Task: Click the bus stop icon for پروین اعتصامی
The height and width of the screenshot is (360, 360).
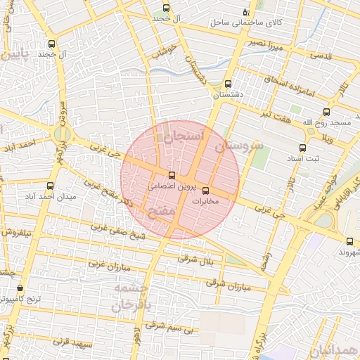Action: pyautogui.click(x=172, y=175)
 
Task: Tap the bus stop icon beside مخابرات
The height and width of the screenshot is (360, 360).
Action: pyautogui.click(x=205, y=191)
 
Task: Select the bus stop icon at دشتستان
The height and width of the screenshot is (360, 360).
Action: pyautogui.click(x=227, y=83)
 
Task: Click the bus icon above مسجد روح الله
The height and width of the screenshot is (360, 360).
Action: pyautogui.click(x=326, y=112)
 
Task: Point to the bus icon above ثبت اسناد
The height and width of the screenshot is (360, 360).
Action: pyautogui.click(x=303, y=148)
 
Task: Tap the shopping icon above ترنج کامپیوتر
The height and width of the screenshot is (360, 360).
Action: pyautogui.click(x=20, y=288)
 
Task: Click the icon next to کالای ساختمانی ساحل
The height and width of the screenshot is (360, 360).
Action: pyautogui.click(x=245, y=11)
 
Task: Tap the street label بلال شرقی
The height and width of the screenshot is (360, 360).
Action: pyautogui.click(x=193, y=259)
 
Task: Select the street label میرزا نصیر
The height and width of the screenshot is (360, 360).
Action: pyautogui.click(x=265, y=44)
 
